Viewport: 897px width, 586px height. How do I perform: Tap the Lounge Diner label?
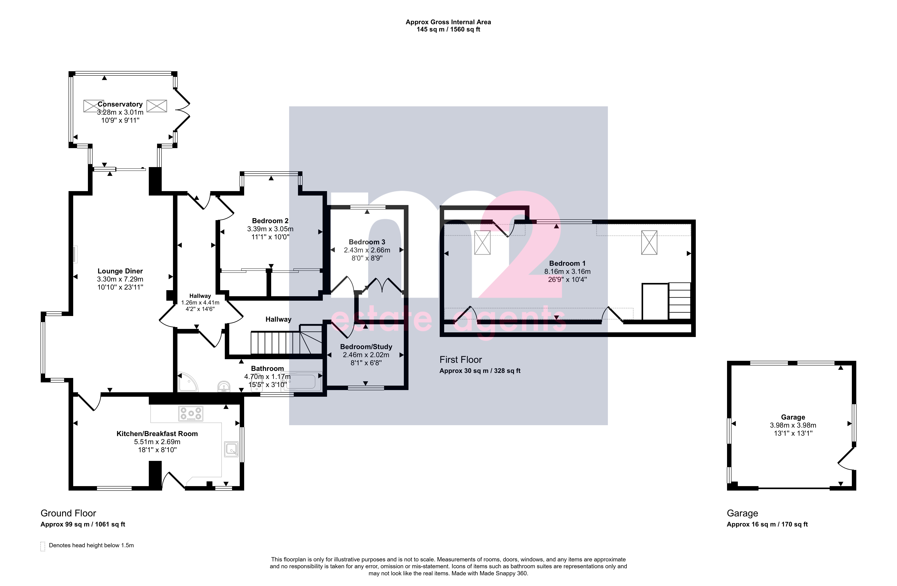(120, 271)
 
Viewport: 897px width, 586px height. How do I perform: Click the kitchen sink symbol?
(231, 449)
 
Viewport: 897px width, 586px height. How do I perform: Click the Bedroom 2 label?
(270, 221)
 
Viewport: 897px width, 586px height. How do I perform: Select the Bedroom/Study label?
(366, 347)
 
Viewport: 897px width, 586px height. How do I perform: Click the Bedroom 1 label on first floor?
(567, 263)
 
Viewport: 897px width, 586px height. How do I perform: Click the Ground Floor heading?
(68, 513)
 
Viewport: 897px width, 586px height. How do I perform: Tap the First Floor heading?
(460, 360)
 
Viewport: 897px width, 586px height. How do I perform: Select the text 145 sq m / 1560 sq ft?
(448, 29)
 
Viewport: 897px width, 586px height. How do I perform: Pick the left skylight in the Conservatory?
(93, 106)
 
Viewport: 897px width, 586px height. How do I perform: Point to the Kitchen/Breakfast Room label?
(157, 434)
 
